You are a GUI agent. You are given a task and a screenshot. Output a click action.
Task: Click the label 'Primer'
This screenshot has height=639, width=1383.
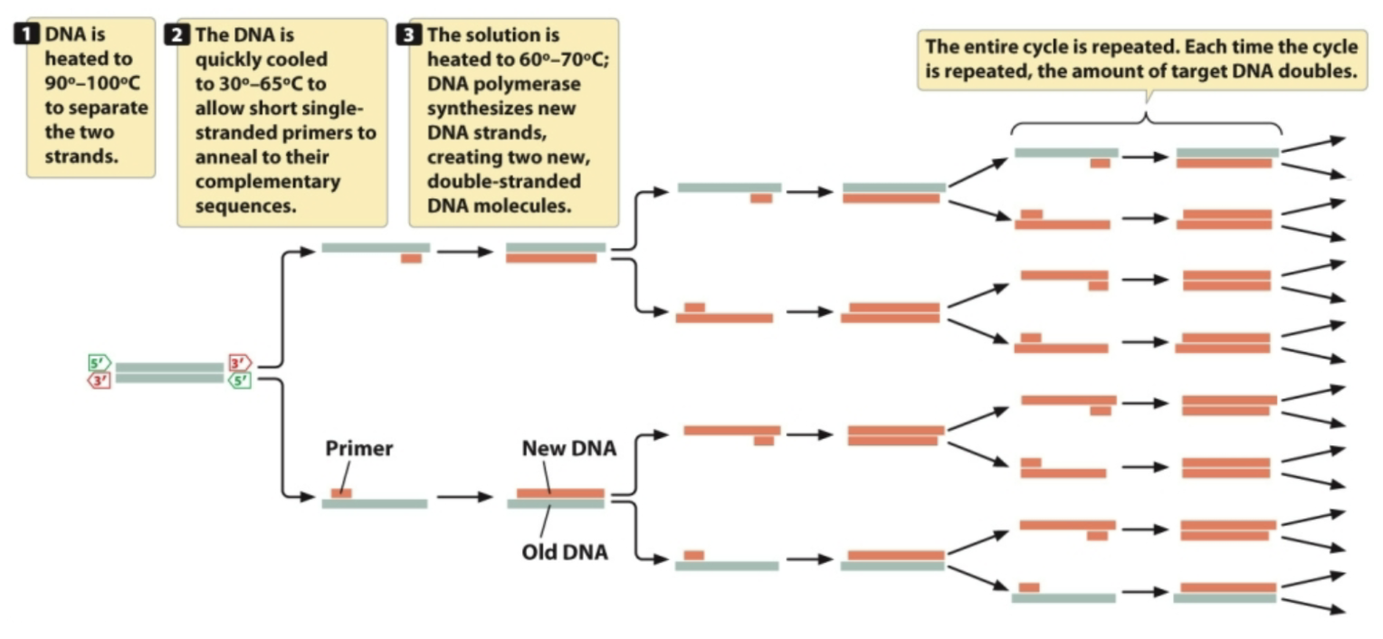click(x=359, y=448)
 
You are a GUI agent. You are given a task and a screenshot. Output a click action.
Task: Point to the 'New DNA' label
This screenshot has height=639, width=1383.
click(x=568, y=448)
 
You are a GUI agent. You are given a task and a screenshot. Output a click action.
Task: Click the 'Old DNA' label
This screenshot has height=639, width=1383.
click(x=565, y=551)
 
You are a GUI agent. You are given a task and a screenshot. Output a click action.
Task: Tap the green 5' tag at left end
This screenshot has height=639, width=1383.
click(x=99, y=363)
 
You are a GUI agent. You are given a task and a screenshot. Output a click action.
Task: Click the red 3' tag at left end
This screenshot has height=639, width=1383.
click(x=99, y=381)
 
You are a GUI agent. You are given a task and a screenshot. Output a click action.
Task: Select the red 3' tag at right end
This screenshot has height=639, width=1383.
click(x=240, y=363)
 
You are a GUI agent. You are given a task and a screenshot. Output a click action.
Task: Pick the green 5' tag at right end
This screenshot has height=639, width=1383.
click(x=240, y=381)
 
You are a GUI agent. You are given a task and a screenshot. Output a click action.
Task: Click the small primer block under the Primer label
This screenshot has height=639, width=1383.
click(x=341, y=493)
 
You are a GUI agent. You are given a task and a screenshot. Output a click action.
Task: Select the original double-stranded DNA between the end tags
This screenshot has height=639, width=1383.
click(x=169, y=373)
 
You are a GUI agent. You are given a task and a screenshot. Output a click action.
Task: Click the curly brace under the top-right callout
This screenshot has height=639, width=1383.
click(x=1147, y=122)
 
